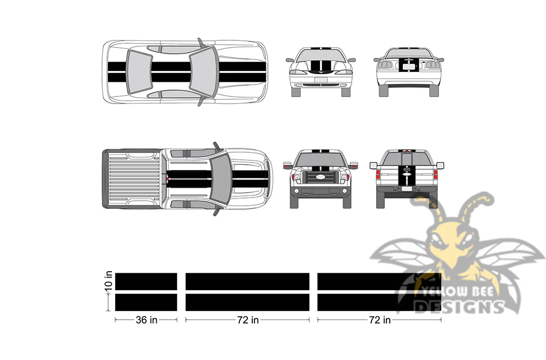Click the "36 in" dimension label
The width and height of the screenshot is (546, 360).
coord(146,320)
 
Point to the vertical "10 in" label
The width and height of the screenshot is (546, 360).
coord(109,280)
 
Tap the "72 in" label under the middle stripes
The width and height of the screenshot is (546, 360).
coord(247,320)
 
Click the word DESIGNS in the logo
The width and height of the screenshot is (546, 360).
coord(460,307)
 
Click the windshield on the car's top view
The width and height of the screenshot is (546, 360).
coord(203,71)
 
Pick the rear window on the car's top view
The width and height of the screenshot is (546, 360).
coord(139,71)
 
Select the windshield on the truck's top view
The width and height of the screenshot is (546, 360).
coord(221,179)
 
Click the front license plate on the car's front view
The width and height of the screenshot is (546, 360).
coord(321,80)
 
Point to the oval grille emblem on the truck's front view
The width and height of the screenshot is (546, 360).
coord(321,177)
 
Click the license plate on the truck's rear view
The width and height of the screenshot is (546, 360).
coord(406,189)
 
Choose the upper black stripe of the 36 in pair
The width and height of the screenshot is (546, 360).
coord(146,281)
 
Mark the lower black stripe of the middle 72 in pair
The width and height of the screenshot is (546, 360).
coord(247,302)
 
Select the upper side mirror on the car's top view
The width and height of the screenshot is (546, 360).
coord(201,43)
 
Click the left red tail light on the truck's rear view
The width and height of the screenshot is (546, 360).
coord(378,174)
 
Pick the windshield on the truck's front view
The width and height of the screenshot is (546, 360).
coord(321,159)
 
